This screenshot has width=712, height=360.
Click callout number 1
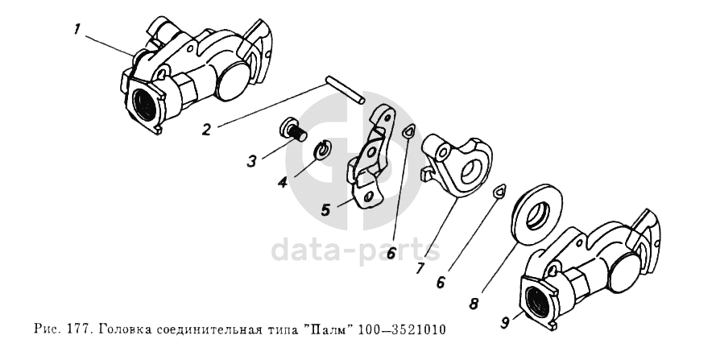77,31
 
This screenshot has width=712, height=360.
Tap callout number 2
207,130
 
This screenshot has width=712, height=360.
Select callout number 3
252,160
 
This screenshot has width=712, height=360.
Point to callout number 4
283,183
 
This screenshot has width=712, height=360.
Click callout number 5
325,209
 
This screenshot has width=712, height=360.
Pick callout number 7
420,267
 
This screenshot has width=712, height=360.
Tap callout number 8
474,303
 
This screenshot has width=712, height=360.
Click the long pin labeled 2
345,92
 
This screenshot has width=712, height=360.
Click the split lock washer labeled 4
323,151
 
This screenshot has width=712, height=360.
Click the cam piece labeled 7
457,165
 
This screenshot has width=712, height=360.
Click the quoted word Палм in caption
329,329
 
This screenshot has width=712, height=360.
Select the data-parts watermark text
355,250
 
